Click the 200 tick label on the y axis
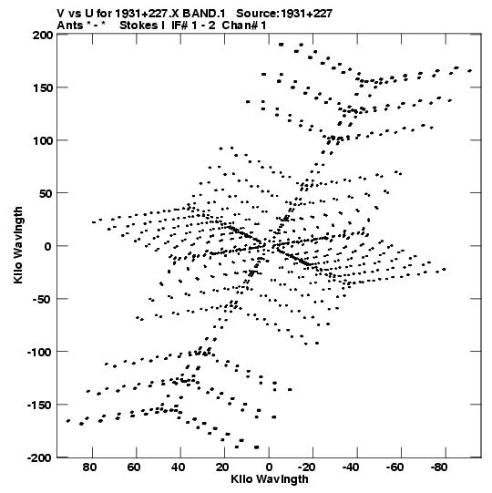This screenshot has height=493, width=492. (x=43, y=35)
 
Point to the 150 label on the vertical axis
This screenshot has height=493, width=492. (x=43, y=87)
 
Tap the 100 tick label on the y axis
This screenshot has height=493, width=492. (x=43, y=140)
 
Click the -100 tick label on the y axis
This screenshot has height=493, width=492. (x=39, y=352)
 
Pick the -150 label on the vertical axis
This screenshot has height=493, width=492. (x=39, y=405)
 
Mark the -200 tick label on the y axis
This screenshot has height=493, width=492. (x=39, y=457)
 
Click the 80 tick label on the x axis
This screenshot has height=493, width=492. (x=89, y=467)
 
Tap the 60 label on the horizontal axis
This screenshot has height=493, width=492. (x=134, y=467)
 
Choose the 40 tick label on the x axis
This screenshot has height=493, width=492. (x=179, y=467)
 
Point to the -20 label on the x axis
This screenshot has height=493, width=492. (x=306, y=467)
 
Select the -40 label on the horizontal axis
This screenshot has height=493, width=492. (x=350, y=467)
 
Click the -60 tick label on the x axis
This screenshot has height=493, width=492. (x=395, y=467)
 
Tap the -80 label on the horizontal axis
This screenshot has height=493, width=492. (x=439, y=467)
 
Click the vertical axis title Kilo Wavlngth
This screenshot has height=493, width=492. (x=18, y=245)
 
